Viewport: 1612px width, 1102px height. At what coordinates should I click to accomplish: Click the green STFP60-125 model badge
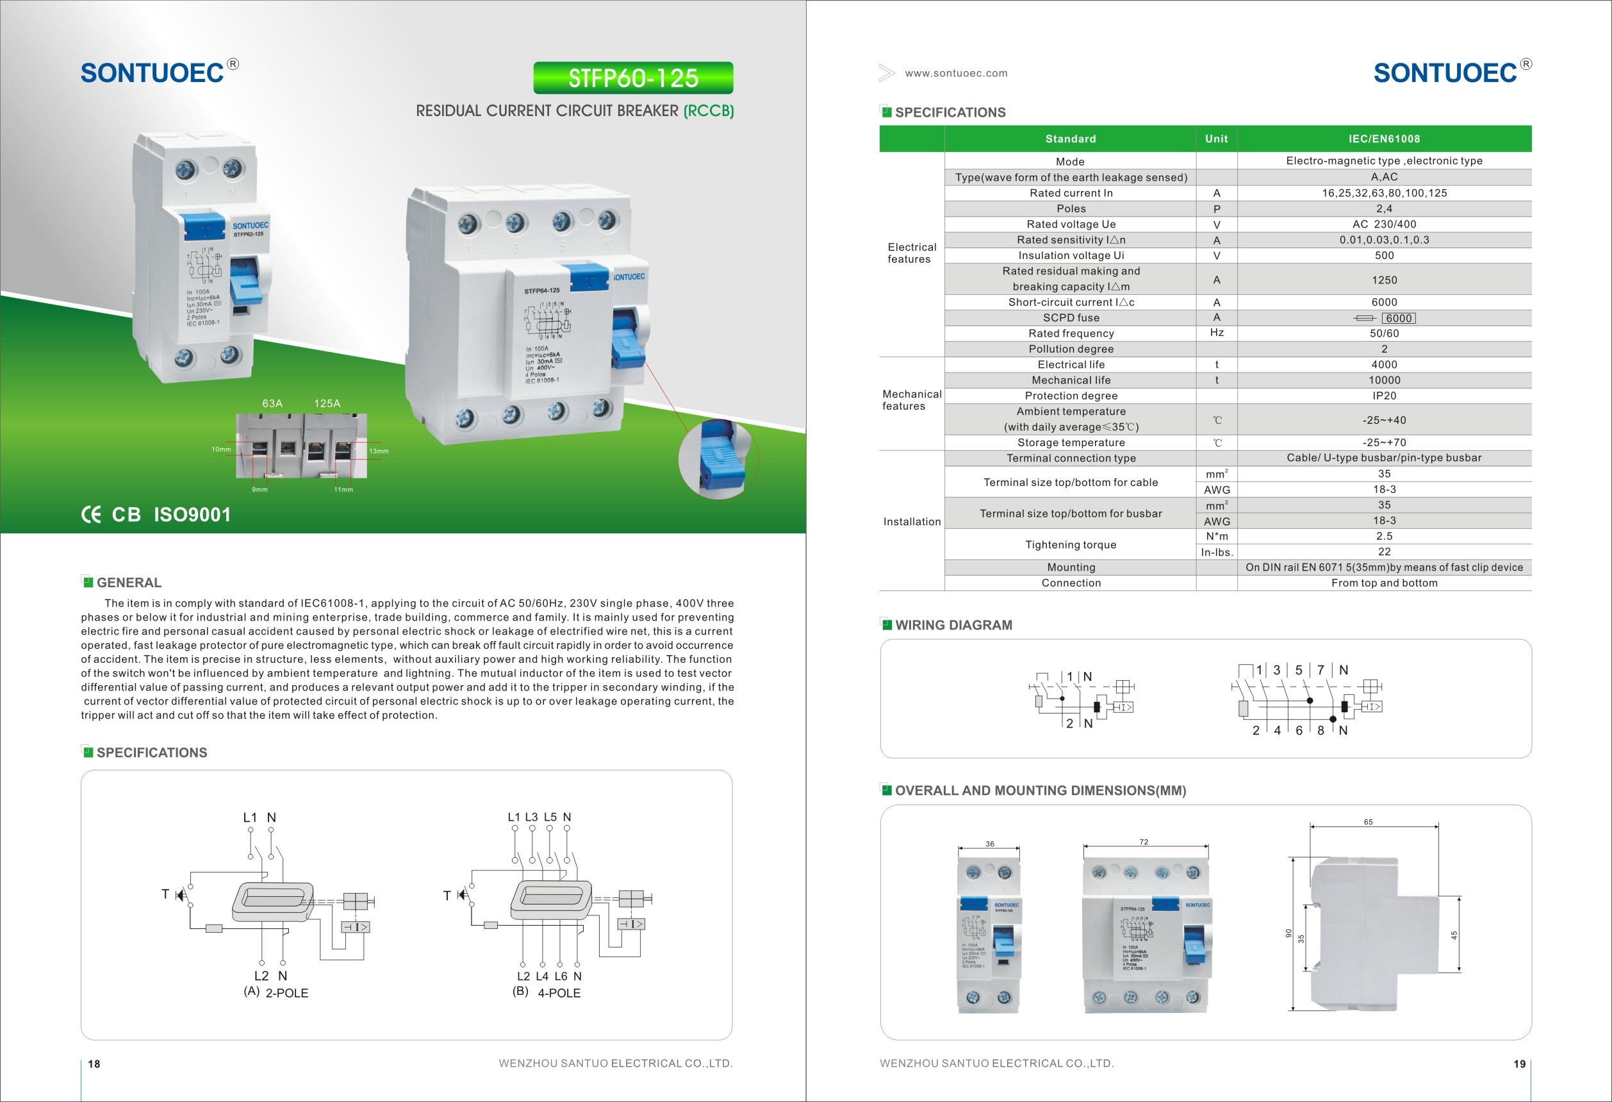[x=632, y=78]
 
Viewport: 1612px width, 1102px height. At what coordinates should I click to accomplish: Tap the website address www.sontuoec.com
[x=956, y=74]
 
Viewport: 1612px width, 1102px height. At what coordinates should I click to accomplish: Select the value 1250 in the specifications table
[x=1384, y=280]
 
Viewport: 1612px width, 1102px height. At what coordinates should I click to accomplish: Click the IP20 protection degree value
[x=1384, y=396]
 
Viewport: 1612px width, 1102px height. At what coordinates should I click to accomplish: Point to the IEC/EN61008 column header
[x=1384, y=138]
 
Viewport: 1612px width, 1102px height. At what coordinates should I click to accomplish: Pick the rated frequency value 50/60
[x=1384, y=333]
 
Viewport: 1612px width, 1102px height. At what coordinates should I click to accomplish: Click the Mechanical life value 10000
[x=1384, y=380]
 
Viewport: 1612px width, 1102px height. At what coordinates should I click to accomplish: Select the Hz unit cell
[x=1216, y=333]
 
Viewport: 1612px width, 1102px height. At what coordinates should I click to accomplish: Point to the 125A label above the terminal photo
[x=327, y=403]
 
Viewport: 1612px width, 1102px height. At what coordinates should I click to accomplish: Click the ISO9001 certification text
[x=192, y=515]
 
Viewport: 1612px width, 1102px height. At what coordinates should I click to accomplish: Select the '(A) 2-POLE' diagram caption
[x=276, y=992]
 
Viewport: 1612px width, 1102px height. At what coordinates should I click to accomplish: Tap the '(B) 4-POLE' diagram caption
[x=547, y=992]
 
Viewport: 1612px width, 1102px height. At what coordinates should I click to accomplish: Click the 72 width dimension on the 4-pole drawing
[x=1144, y=842]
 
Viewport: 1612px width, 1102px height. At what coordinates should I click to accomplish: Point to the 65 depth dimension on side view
[x=1368, y=822]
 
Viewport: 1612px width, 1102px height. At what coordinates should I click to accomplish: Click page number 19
[x=1519, y=1064]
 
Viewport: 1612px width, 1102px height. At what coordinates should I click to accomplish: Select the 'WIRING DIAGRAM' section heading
[x=953, y=625]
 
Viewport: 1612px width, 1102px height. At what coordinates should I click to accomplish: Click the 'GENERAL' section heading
[x=128, y=583]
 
